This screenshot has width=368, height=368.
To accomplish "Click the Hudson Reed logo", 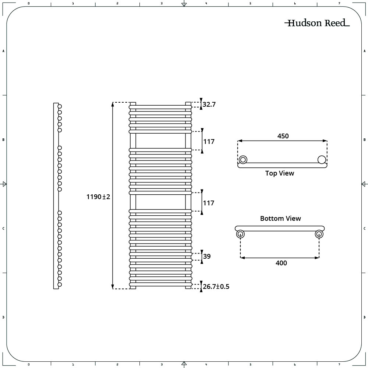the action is (x=317, y=23).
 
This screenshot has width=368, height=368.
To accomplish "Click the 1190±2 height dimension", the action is (x=98, y=197).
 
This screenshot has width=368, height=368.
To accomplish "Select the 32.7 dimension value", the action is (x=209, y=105).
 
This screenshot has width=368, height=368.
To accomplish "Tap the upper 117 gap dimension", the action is (x=209, y=142).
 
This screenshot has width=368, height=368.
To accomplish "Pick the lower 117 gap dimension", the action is (x=209, y=203).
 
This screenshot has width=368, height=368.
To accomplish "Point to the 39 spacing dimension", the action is (x=207, y=256).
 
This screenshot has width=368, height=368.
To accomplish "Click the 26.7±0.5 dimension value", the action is (x=216, y=287).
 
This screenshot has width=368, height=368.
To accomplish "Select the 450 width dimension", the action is (x=283, y=136).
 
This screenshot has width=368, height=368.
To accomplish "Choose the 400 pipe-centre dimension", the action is (x=281, y=263).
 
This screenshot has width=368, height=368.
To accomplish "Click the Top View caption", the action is (x=280, y=173).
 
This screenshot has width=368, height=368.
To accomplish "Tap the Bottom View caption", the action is (x=280, y=219).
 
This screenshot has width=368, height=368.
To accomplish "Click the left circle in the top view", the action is (x=243, y=160).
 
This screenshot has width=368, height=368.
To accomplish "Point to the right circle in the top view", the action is (x=322, y=160).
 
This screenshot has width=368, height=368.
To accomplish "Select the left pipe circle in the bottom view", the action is (x=240, y=234).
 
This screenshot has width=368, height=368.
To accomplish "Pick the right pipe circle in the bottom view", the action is (x=319, y=234).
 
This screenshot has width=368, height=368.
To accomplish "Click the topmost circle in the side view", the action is (x=60, y=106).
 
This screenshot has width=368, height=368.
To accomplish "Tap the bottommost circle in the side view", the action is (x=60, y=284).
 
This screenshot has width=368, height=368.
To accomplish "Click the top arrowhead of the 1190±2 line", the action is (x=113, y=105).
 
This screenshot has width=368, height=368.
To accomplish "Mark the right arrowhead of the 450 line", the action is (x=325, y=141).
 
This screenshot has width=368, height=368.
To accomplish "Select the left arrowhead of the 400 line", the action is (x=243, y=258).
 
